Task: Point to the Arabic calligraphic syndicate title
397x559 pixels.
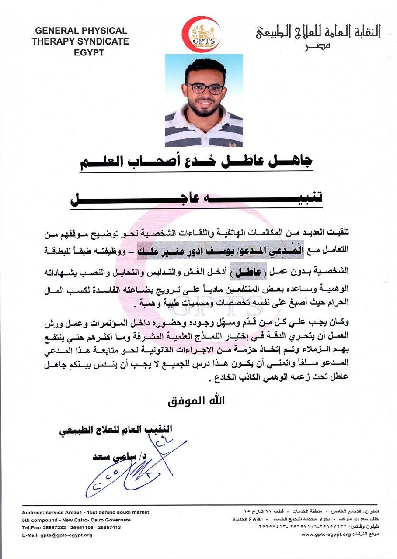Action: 318,31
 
